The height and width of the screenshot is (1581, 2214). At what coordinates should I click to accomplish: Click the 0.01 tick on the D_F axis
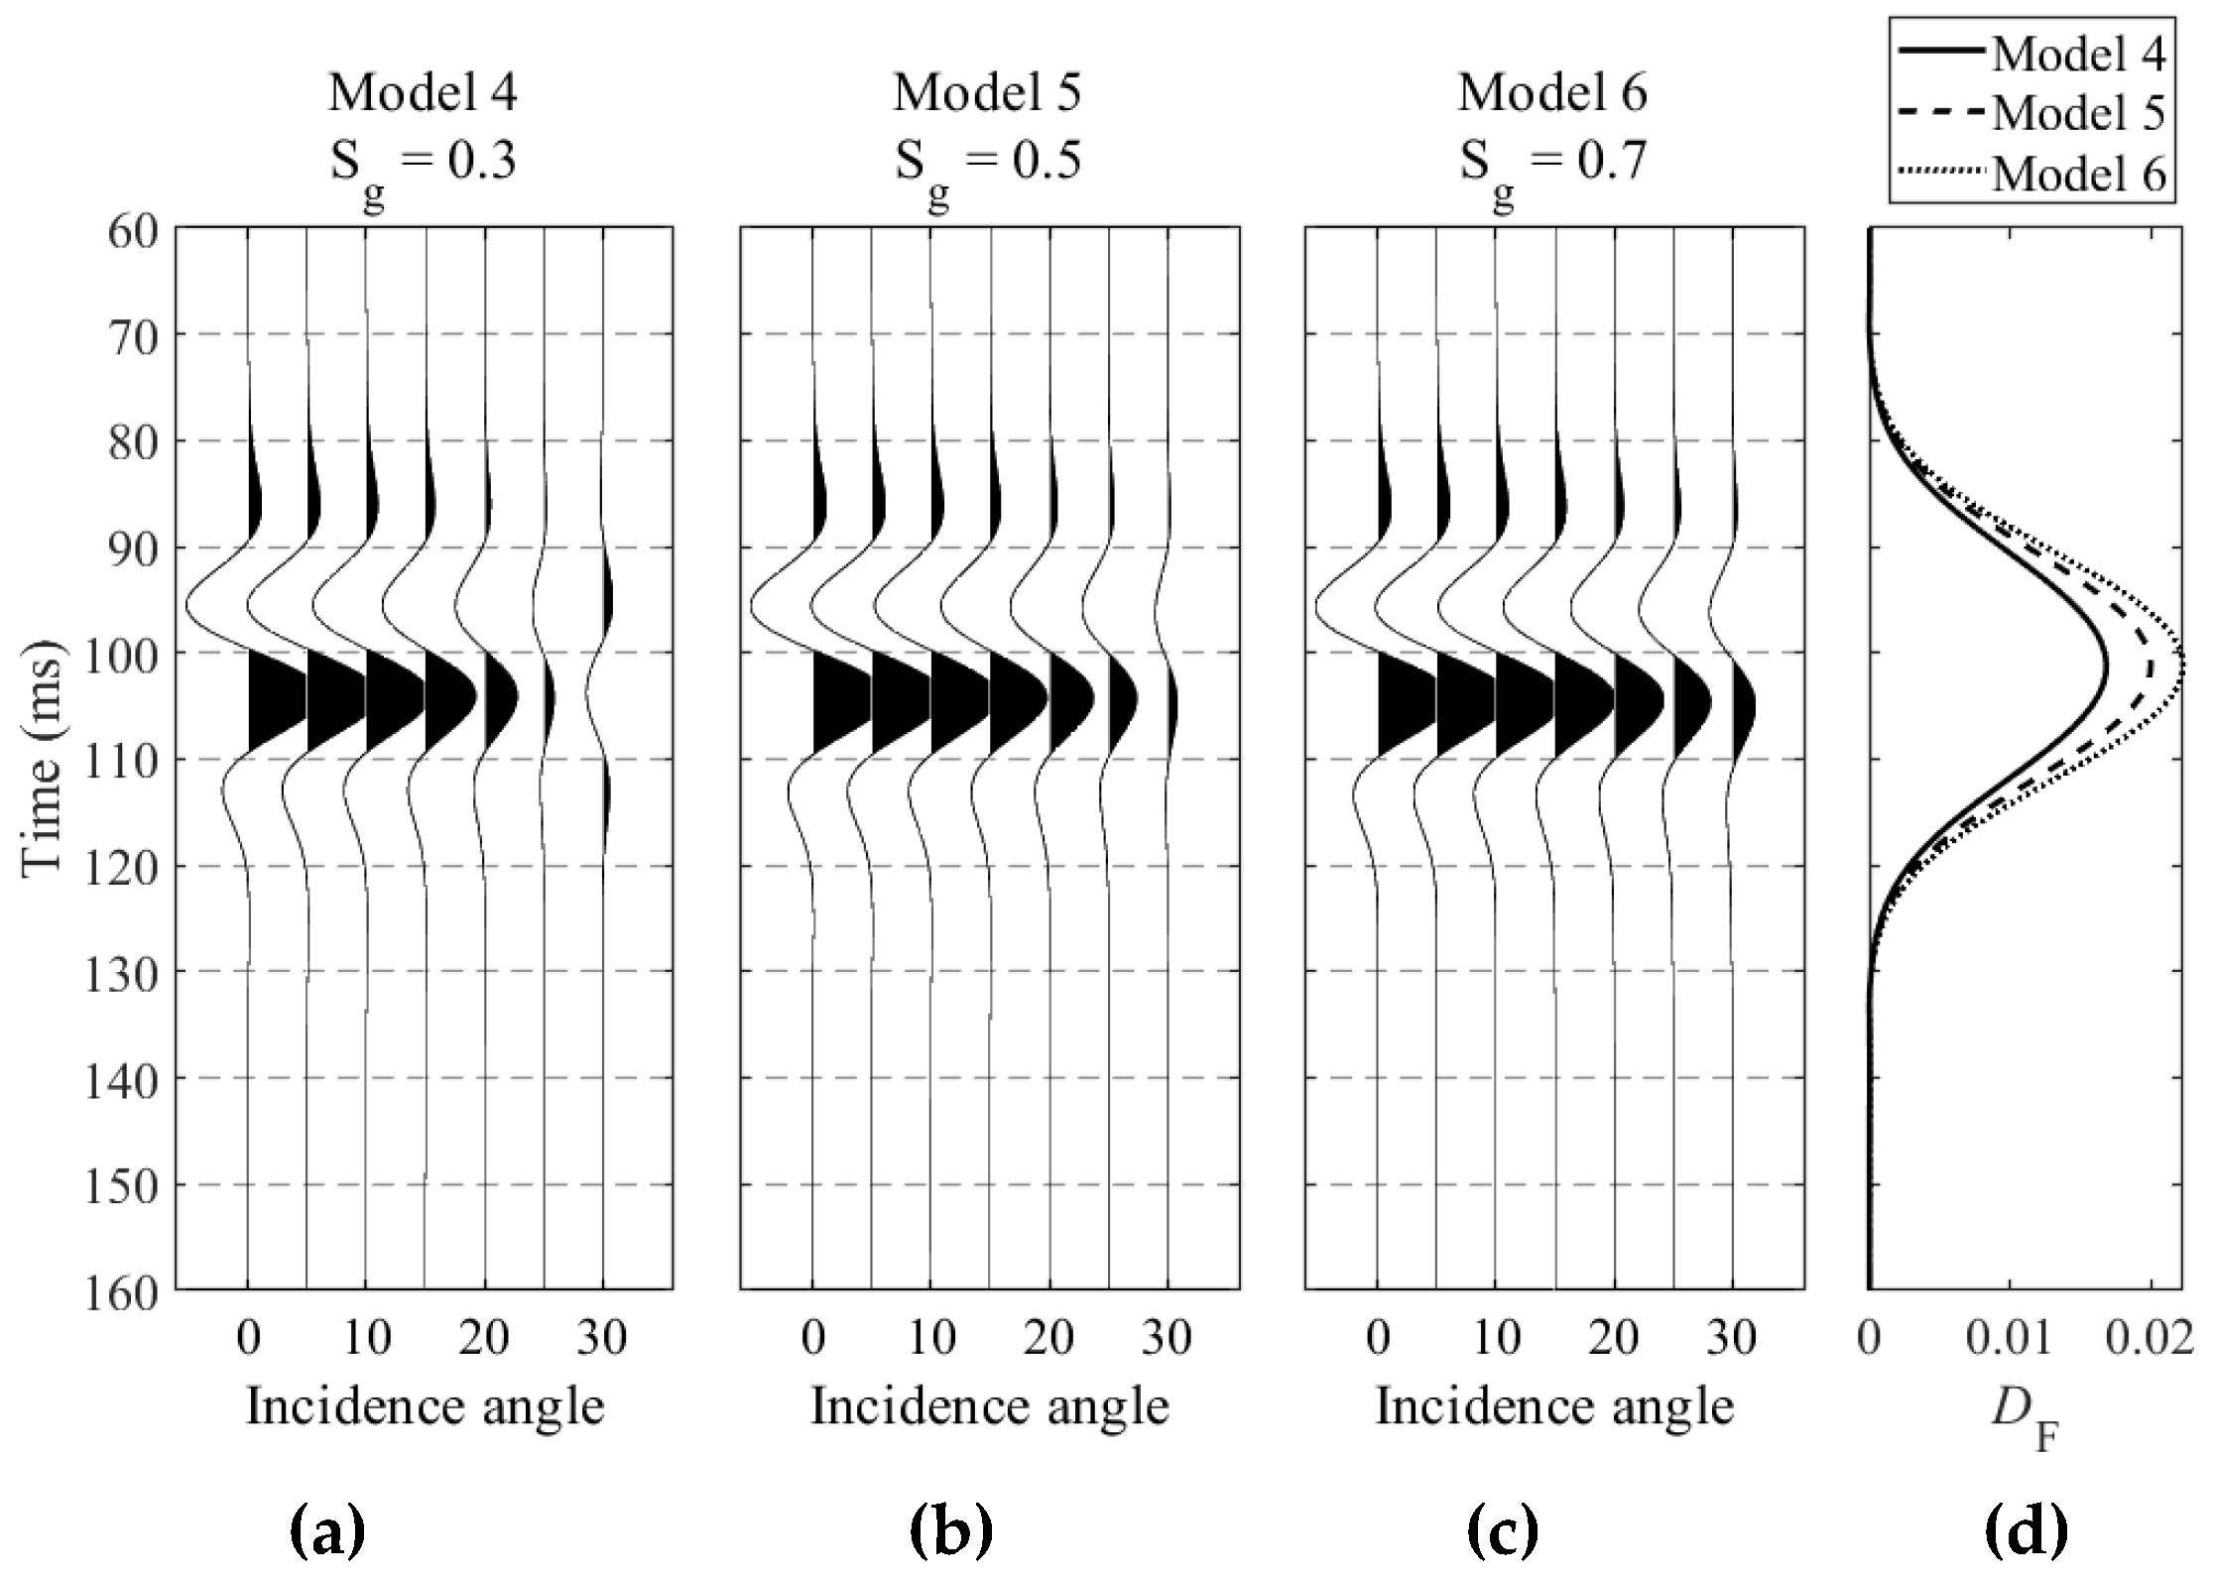click(2009, 1338)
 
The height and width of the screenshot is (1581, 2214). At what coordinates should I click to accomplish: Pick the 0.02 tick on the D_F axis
click(2151, 1338)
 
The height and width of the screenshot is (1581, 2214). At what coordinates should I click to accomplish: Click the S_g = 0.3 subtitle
click(424, 163)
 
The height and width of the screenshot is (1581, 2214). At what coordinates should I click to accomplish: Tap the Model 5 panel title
click(988, 94)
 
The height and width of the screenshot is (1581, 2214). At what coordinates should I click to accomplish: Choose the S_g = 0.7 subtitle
click(1552, 163)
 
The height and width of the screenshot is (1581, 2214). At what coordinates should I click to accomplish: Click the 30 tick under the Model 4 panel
click(603, 1338)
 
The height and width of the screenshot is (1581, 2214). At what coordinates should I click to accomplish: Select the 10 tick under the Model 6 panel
click(1495, 1338)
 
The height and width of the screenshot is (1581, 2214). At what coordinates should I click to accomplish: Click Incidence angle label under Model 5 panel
click(990, 1407)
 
